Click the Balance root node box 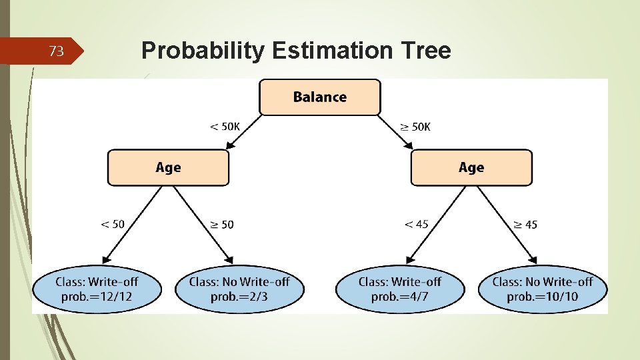click(320, 97)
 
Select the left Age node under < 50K click(168, 167)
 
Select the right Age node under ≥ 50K click(471, 167)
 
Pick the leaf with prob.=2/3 click(239, 289)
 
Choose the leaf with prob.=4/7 click(400, 289)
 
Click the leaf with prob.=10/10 click(542, 289)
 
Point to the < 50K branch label click(225, 127)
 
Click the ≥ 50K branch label click(415, 127)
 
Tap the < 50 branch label click(112, 224)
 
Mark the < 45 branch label click(416, 224)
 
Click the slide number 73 click(57, 51)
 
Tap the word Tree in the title click(425, 51)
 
